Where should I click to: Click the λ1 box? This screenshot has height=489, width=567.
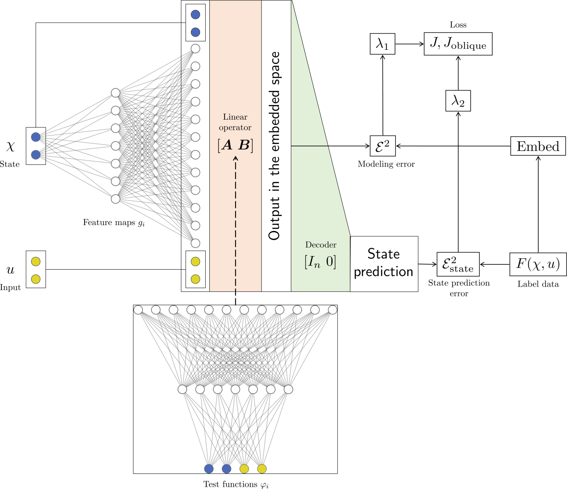click(x=383, y=44)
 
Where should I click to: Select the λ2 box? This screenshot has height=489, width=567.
click(x=458, y=101)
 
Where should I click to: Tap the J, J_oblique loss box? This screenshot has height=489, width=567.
click(x=458, y=44)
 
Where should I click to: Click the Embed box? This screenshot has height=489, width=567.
click(x=538, y=146)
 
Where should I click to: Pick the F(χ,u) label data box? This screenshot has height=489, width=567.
click(x=538, y=264)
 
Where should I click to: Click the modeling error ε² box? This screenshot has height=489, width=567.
click(x=383, y=146)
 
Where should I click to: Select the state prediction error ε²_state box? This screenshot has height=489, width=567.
click(x=458, y=264)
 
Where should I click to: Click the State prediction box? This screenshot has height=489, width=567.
click(x=384, y=264)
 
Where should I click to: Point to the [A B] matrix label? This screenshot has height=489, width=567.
click(x=235, y=145)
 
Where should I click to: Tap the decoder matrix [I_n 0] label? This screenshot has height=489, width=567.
click(x=320, y=262)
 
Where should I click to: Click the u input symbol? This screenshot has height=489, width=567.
click(x=10, y=270)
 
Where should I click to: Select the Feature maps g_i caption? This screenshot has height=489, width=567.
click(x=114, y=223)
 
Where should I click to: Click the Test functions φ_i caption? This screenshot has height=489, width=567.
click(x=236, y=484)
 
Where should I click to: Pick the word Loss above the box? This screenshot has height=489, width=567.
click(x=458, y=25)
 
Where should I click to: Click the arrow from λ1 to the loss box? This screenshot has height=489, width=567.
click(x=410, y=44)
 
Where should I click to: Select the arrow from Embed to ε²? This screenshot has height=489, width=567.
click(x=454, y=146)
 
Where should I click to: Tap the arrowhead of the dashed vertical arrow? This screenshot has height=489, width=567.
click(x=235, y=159)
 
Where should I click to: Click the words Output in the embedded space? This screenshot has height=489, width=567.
click(x=275, y=146)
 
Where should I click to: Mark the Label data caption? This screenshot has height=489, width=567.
click(x=538, y=284)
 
